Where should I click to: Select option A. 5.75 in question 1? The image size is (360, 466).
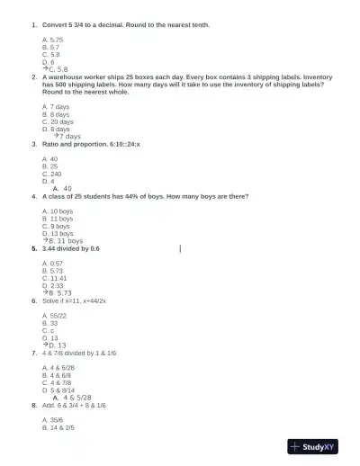(x=52, y=40)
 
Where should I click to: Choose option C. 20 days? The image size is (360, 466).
(x=58, y=121)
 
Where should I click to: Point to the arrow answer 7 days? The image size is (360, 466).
(x=66, y=137)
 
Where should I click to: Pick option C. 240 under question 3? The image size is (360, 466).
(x=52, y=174)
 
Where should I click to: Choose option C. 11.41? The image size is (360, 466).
(x=55, y=278)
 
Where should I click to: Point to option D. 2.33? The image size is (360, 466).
(x=53, y=285)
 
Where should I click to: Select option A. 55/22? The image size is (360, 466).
(x=54, y=316)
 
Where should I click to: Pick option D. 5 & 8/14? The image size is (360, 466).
(x=58, y=390)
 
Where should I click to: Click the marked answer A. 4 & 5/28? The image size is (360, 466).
(x=73, y=398)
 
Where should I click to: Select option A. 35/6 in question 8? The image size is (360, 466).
(x=52, y=420)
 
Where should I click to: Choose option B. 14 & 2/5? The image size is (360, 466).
(x=58, y=428)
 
